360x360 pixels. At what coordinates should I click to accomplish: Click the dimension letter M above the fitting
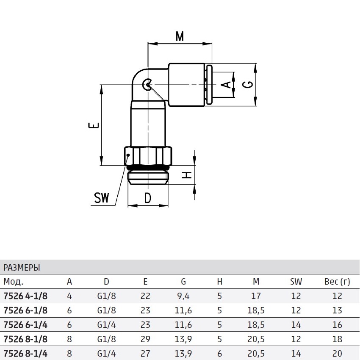180,36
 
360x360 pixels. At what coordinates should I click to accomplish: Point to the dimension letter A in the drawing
227,84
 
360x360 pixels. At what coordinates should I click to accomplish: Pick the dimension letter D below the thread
148,198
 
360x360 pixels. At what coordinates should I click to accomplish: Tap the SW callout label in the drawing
102,198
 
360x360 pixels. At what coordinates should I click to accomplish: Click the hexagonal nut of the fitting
149,155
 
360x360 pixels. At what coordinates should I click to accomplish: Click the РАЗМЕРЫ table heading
22,268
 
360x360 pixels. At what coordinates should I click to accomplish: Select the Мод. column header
13,282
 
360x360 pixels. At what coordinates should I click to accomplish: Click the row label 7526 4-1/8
25,296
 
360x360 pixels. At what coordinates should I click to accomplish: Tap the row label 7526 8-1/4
25,353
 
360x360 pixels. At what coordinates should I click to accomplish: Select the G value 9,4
183,296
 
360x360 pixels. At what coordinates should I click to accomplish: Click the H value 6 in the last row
219,353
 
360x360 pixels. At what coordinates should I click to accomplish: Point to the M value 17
256,296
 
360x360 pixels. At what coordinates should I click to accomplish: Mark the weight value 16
337,324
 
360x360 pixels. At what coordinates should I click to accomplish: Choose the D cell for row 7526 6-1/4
106,324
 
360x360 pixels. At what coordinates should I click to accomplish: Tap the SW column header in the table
296,282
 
